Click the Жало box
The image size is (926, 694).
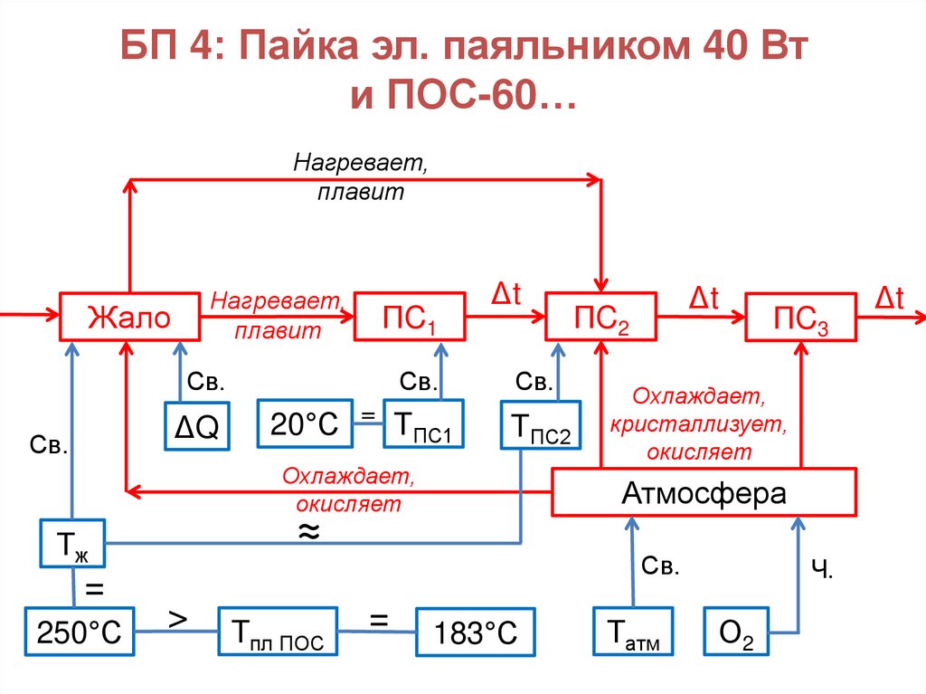128,317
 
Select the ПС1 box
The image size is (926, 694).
409,317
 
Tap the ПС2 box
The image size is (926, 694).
601,317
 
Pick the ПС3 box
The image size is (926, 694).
800,317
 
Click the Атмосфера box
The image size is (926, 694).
704,493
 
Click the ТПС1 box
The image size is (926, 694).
422,423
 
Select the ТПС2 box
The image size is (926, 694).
541,426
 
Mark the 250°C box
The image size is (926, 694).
79,632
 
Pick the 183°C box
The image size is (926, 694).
475,632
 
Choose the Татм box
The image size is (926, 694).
631,632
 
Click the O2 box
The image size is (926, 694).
736,632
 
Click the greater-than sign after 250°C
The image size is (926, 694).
178,619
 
